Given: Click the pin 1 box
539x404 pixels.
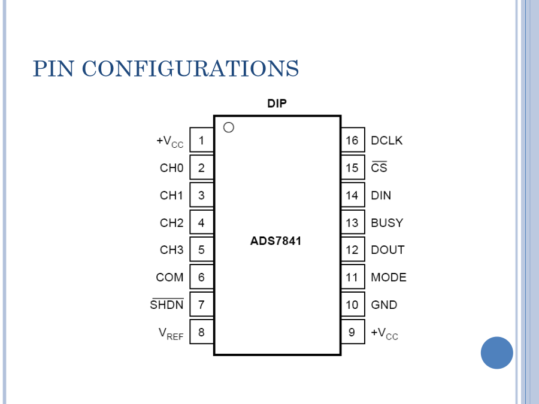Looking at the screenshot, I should pyautogui.click(x=202, y=141).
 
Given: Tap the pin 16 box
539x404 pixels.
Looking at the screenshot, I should pyautogui.click(x=352, y=141).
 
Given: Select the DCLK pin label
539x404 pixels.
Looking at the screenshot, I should pyautogui.click(x=387, y=141).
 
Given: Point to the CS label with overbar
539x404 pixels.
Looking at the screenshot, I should pyautogui.click(x=379, y=168).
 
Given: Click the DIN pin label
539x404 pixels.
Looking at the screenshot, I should pyautogui.click(x=381, y=195).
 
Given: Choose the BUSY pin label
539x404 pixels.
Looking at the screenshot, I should pyautogui.click(x=387, y=223).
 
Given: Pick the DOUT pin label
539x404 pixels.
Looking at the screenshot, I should pyautogui.click(x=387, y=250).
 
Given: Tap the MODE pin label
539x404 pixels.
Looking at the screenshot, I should pyautogui.click(x=389, y=278).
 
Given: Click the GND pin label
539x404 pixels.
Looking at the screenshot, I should pyautogui.click(x=384, y=305).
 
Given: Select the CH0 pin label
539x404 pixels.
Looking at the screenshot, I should pyautogui.click(x=171, y=168).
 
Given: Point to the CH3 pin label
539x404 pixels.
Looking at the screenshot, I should pyautogui.click(x=171, y=250).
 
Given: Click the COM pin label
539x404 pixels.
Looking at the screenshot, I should pyautogui.click(x=169, y=278).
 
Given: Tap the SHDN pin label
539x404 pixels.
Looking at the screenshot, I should pyautogui.click(x=167, y=305).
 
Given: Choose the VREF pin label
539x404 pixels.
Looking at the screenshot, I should pyautogui.click(x=171, y=333).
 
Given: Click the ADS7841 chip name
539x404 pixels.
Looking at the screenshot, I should pyautogui.click(x=276, y=242).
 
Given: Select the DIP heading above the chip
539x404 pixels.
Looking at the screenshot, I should pyautogui.click(x=277, y=104).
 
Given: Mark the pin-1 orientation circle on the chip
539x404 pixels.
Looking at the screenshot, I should pyautogui.click(x=228, y=127).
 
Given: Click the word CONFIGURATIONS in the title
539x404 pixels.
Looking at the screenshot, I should pyautogui.click(x=190, y=69).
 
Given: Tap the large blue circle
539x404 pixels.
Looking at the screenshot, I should pyautogui.click(x=496, y=353).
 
